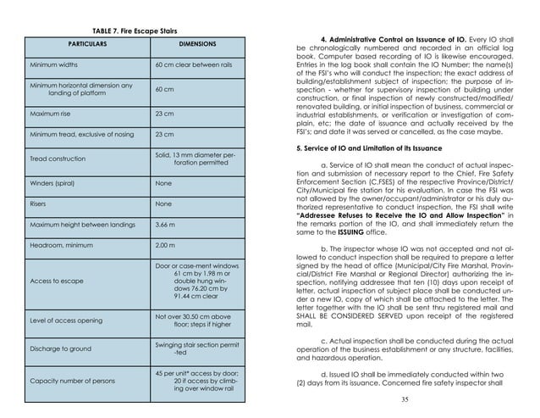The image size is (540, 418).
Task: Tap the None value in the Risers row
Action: pyautogui.click(x=164, y=204)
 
